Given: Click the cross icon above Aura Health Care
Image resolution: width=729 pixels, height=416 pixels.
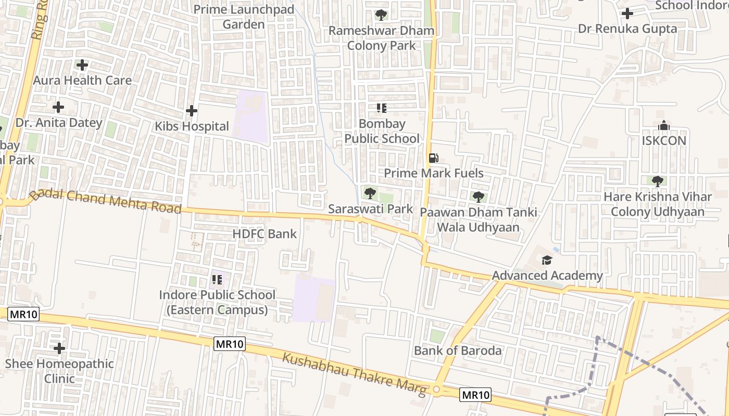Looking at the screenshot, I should tap(82, 65).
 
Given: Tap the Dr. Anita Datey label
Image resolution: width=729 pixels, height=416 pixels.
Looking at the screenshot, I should tap(59, 123).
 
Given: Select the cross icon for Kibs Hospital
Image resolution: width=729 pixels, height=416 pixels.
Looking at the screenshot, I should tap(192, 111).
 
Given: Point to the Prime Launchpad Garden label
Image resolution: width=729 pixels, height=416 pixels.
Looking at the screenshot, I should tap(244, 17).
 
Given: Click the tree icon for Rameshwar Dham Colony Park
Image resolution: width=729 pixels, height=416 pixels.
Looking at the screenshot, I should tap(381, 15).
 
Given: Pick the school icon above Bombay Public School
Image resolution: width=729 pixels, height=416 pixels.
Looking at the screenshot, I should tap(382, 108).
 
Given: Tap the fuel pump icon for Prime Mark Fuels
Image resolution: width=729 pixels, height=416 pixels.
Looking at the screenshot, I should tap(433, 158).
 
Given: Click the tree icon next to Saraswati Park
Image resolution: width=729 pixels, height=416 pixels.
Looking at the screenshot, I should tap(370, 194).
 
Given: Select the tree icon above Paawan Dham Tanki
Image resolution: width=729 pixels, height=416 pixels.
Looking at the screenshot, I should tap(478, 197).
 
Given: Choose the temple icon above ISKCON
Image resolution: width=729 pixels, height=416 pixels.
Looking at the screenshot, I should tap(663, 125).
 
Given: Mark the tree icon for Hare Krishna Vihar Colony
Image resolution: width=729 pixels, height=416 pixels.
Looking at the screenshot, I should tap(657, 181).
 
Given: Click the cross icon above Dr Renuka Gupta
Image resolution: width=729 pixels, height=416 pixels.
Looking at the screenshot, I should tap(627, 13).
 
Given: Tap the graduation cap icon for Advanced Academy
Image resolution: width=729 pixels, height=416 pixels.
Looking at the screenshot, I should tap(547, 260).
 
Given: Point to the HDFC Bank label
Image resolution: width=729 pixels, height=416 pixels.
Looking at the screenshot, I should tap(265, 234).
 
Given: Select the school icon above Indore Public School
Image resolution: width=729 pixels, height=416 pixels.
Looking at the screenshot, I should tap(217, 280).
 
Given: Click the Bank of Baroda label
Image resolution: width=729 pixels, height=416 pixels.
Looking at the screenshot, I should tap(458, 350).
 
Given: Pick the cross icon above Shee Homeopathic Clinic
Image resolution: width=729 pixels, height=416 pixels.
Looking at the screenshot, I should tap(59, 348).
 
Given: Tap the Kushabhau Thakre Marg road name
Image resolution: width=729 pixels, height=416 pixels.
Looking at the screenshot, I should tap(354, 374).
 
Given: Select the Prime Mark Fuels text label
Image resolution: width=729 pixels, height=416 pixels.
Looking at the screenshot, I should tap(434, 173).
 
